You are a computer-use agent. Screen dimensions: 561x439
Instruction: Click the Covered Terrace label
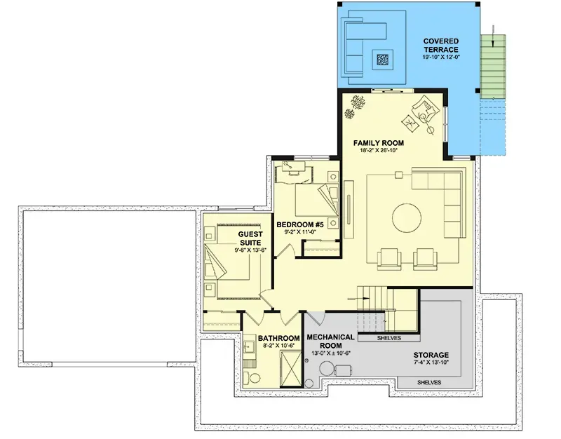click(441, 46)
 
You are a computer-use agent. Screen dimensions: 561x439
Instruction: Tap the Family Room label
click(379, 143)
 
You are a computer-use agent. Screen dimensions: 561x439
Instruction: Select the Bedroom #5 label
click(300, 224)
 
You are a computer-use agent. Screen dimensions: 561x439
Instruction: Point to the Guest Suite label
click(250, 238)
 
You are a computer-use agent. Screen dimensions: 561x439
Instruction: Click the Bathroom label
click(278, 338)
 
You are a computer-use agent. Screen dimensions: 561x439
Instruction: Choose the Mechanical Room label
click(330, 342)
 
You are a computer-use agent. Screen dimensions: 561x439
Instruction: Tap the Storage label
click(431, 355)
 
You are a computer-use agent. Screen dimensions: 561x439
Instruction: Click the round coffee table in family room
click(407, 218)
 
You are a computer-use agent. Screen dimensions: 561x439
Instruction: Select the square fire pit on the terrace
click(382, 60)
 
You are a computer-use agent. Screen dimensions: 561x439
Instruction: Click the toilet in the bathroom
click(251, 378)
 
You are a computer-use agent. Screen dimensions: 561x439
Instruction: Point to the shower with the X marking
click(291, 368)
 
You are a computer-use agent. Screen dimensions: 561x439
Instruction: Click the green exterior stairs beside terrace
click(493, 67)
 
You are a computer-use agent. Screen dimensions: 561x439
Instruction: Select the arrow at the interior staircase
click(359, 298)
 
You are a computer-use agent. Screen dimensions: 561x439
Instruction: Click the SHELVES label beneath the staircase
click(389, 338)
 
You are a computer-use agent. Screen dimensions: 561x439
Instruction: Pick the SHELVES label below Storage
click(429, 382)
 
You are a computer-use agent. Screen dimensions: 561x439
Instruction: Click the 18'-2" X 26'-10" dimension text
click(379, 150)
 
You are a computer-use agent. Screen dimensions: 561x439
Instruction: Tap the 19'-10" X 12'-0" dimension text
click(441, 57)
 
